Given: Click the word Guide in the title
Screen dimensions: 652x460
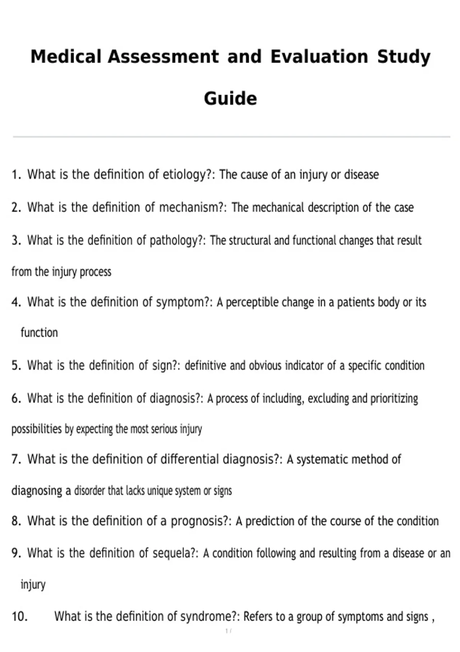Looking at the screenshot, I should click(x=230, y=99).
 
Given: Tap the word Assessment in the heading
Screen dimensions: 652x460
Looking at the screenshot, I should click(x=163, y=57).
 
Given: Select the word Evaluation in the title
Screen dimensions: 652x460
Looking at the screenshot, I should click(x=319, y=57).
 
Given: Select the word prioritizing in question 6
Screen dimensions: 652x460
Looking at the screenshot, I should click(x=394, y=399).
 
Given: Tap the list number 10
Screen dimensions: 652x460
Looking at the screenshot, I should click(x=20, y=616).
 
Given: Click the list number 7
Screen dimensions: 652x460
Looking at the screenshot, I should click(x=16, y=459).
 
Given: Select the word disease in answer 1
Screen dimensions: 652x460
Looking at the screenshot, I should click(x=361, y=175).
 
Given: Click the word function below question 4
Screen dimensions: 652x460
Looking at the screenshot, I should click(x=39, y=333).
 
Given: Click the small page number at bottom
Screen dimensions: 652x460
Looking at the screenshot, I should click(x=228, y=631).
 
